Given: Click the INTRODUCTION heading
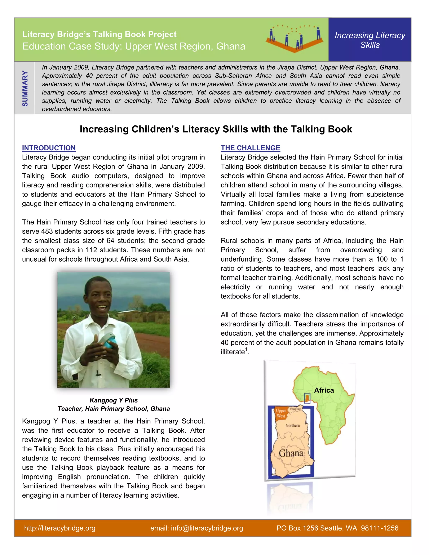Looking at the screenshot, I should pyautogui.click(x=49, y=148).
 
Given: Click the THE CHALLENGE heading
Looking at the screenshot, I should pyautogui.click(x=250, y=148).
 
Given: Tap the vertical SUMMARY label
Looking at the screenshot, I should pyautogui.click(x=25, y=88).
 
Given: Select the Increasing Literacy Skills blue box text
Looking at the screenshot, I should pyautogui.click(x=370, y=40).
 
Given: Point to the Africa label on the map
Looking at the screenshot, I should pyautogui.click(x=324, y=390).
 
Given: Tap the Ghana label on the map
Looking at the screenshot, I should pyautogui.click(x=291, y=453).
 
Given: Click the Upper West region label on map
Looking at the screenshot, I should pyautogui.click(x=281, y=413).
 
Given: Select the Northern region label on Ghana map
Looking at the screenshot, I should pyautogui.click(x=292, y=425).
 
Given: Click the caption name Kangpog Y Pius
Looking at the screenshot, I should pyautogui.click(x=114, y=400).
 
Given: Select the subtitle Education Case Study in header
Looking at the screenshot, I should pyautogui.click(x=134, y=46).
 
